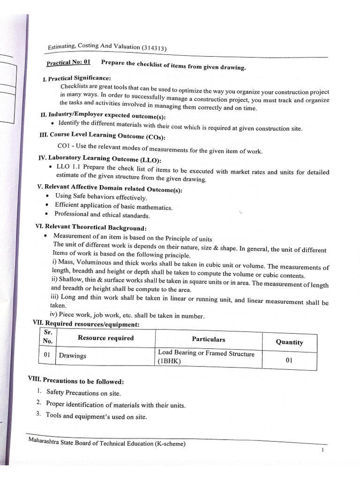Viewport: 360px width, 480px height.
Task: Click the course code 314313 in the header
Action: point(155,48)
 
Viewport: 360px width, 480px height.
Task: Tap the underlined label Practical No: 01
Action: point(68,62)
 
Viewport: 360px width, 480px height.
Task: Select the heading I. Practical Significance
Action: point(76,78)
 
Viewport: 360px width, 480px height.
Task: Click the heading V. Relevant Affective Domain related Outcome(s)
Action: point(109,188)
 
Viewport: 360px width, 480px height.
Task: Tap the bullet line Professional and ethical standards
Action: point(102,215)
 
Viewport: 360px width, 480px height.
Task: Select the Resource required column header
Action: point(105,338)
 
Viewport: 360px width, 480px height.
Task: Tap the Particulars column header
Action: point(208,339)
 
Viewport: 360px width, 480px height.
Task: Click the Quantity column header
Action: point(289,342)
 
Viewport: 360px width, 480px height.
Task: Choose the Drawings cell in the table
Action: point(72,356)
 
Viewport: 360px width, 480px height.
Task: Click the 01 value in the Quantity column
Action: point(289,360)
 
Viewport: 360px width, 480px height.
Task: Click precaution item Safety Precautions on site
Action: point(83,393)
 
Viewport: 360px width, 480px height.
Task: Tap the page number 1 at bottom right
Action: point(323,450)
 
